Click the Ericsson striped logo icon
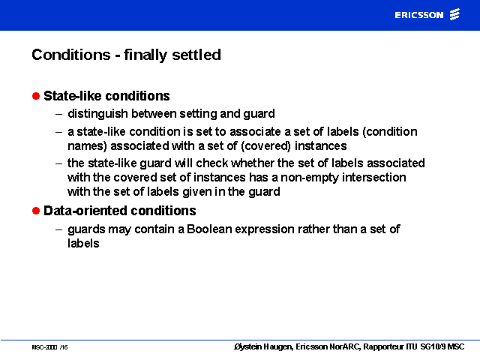pos(454,14)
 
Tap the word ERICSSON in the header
pos(419,15)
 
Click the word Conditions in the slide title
pos(71,55)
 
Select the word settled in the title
pos(196,55)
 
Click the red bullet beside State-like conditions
pos(36,96)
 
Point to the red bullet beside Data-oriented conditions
pos(36,211)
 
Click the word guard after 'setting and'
pos(259,114)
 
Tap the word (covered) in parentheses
pos(265,146)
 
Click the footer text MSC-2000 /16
pos(49,347)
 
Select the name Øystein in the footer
pos(247,346)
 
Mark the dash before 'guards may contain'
pos(58,229)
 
